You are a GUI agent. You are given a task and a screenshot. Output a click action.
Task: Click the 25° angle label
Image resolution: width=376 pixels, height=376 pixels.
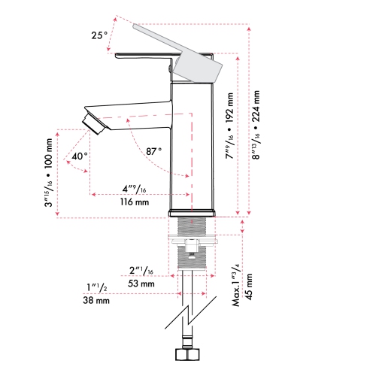[x=98, y=35]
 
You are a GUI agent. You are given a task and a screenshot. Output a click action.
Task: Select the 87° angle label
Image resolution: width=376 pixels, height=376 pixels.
[x=154, y=151]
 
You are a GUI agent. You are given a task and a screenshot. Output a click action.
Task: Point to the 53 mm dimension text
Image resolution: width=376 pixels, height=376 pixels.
[x=141, y=284]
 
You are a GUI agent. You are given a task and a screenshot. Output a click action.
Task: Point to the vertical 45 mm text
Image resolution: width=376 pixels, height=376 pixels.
[x=250, y=286]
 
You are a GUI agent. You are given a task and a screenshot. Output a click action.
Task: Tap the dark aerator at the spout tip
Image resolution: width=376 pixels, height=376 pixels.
[x=95, y=120]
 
